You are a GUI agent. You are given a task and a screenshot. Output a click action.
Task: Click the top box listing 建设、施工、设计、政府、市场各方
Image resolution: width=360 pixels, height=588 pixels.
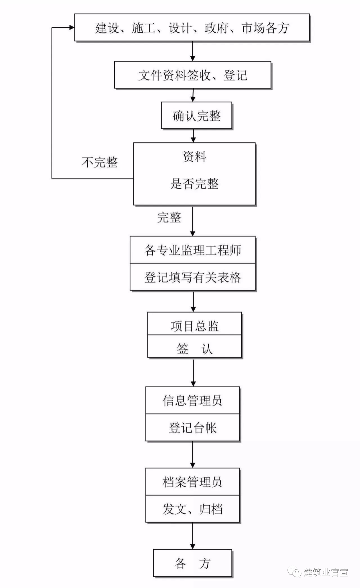192,28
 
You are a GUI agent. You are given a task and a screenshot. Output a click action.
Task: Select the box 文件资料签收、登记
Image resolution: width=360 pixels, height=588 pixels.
192,75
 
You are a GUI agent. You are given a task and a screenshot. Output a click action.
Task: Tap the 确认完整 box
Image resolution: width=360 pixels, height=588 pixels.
196,116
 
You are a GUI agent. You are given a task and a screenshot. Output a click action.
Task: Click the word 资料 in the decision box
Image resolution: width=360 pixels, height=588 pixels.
195,157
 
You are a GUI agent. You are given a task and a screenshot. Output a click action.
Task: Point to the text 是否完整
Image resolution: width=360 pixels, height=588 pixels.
195,184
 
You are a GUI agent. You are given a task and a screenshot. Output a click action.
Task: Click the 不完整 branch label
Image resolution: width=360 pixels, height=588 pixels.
100,162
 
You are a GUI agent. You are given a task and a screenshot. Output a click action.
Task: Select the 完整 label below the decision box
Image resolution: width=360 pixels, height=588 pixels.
169,217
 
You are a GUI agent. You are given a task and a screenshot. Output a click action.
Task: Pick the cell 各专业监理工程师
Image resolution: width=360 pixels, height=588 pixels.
192,250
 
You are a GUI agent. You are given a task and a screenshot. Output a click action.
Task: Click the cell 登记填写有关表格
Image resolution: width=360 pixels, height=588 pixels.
192,277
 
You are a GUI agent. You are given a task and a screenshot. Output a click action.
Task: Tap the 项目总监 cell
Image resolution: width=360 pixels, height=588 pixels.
194,326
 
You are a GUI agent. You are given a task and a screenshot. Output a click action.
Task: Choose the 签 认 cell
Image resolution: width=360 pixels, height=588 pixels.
194,349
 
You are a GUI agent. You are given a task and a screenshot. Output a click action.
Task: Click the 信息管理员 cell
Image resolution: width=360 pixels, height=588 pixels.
192,401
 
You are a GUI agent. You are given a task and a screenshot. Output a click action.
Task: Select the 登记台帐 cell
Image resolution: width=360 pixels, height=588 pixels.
192,428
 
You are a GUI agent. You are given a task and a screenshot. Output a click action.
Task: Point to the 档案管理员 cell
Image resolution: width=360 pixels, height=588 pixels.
192,482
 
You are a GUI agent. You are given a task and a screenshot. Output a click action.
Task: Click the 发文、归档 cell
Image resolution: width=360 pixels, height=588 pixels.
192,509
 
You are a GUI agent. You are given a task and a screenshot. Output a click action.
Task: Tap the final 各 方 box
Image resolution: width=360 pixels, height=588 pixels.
192,563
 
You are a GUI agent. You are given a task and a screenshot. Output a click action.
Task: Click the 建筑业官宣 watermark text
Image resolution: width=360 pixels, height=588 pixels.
326,572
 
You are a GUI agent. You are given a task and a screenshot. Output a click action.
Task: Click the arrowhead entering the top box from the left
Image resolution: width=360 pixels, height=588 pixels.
71,27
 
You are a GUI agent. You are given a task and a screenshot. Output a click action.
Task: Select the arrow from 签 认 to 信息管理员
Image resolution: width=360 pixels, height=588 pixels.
193,372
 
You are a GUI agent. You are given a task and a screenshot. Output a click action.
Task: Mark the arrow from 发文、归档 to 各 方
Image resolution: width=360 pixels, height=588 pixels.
193,536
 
